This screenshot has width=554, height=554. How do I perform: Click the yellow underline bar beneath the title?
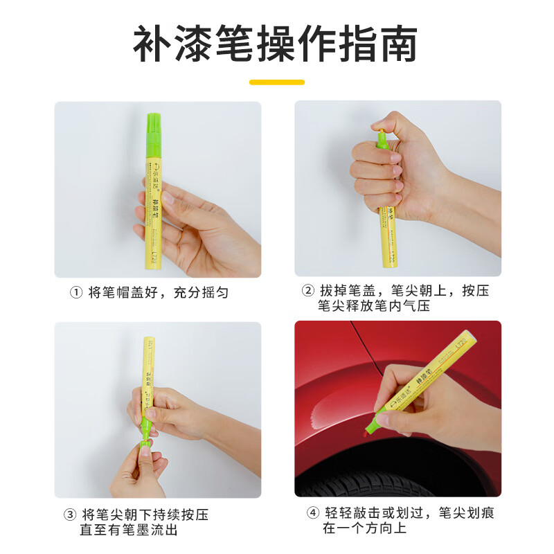coord(277,82)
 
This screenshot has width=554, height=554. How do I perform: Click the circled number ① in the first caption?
coord(76,293)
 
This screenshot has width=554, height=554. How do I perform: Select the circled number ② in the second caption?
coord(307,291)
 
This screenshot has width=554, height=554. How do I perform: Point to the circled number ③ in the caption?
coord(69,515)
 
